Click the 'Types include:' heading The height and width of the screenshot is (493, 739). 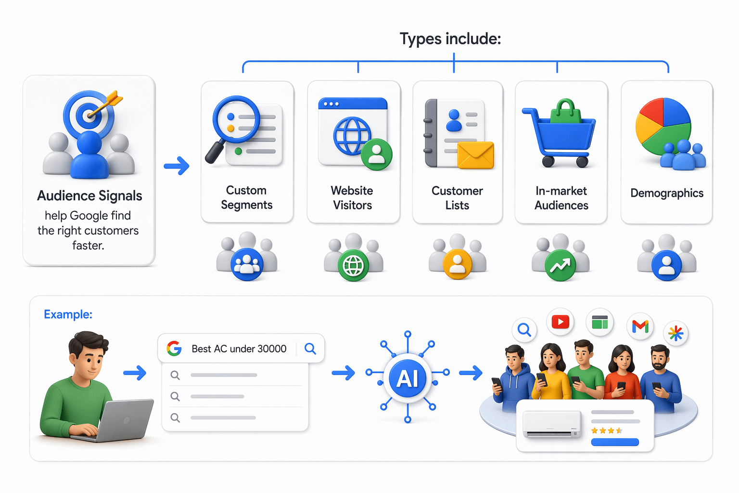pyautogui.click(x=450, y=39)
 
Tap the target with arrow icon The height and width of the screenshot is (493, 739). pyautogui.click(x=90, y=114)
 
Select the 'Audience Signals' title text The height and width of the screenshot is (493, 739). pyautogui.click(x=89, y=196)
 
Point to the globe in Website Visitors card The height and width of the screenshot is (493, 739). pyautogui.click(x=352, y=136)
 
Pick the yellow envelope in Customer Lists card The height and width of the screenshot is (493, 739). pyautogui.click(x=475, y=155)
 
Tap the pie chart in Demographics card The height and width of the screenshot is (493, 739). pyautogui.click(x=663, y=125)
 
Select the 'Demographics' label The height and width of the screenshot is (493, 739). pyautogui.click(x=667, y=193)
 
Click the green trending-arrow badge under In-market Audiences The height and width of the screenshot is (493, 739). pyautogui.click(x=560, y=265)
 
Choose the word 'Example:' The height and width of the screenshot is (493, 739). pyautogui.click(x=68, y=314)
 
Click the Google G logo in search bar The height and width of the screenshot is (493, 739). pyautogui.click(x=174, y=348)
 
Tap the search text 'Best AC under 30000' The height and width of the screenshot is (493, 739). pyautogui.click(x=239, y=349)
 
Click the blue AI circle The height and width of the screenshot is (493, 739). pyautogui.click(x=408, y=378)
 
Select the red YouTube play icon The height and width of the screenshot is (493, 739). pyautogui.click(x=561, y=322)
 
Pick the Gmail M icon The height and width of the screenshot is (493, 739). pyautogui.click(x=640, y=326)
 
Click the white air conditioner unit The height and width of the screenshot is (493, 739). pyautogui.click(x=551, y=424)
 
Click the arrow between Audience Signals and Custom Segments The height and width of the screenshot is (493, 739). pyautogui.click(x=177, y=166)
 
